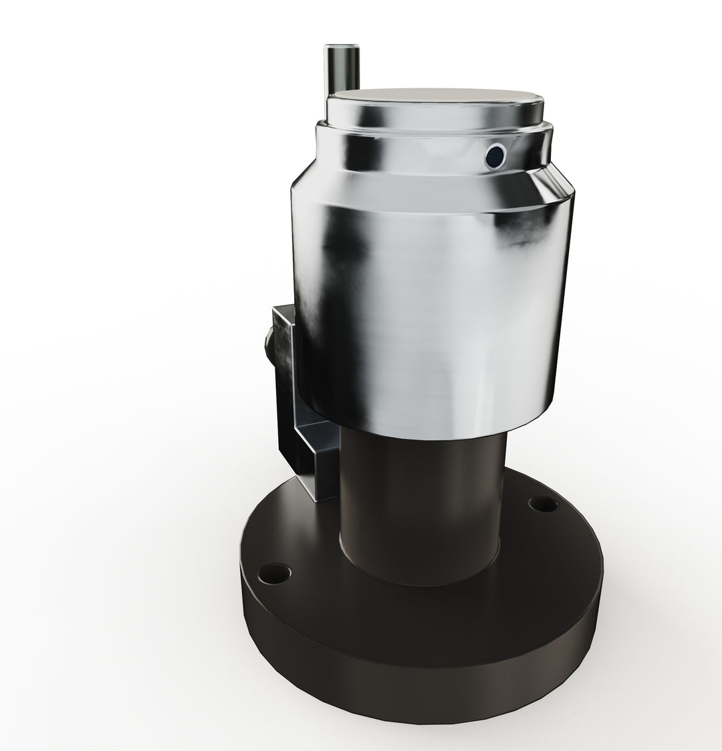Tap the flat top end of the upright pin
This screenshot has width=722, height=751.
342,47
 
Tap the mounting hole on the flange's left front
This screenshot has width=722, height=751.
275,572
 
